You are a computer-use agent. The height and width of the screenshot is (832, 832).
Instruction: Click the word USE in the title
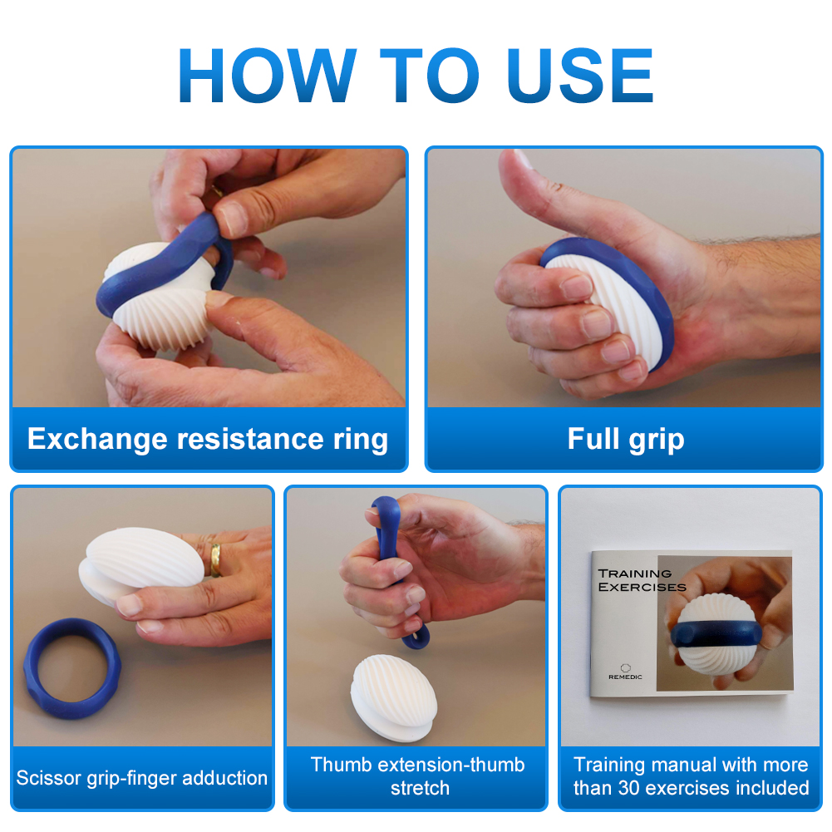coord(580,75)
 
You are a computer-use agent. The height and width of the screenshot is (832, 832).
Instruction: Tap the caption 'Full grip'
coord(626,440)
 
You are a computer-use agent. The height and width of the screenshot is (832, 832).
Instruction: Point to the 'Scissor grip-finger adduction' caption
coord(141,778)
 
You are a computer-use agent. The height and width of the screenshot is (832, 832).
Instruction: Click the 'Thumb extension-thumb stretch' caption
coord(418,776)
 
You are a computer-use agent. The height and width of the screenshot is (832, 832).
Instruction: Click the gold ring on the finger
coord(215,560)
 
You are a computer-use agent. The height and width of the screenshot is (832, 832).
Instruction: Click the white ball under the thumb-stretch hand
coord(393,697)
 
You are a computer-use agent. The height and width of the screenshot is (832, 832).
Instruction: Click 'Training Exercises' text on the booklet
coord(642,580)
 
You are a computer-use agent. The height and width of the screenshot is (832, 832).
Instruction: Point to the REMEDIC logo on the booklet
coord(625,672)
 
